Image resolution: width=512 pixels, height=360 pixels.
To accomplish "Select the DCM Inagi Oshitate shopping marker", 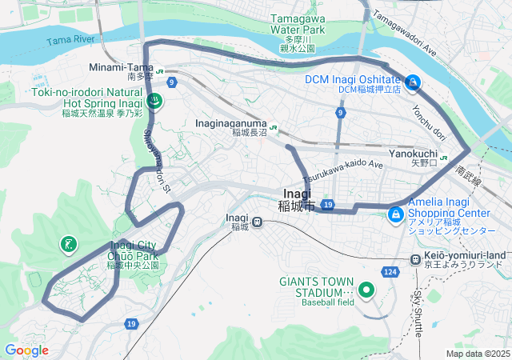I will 413,82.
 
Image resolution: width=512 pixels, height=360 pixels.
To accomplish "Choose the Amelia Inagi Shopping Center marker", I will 396,214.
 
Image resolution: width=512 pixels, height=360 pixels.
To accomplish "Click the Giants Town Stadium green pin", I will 366,290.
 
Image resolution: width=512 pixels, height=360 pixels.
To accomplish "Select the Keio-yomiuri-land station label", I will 464,255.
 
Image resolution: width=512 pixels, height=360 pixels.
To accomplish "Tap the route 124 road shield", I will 390,273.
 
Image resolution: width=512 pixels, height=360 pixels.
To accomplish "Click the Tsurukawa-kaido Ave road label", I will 342,165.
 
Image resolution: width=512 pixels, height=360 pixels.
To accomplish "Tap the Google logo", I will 26,350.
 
